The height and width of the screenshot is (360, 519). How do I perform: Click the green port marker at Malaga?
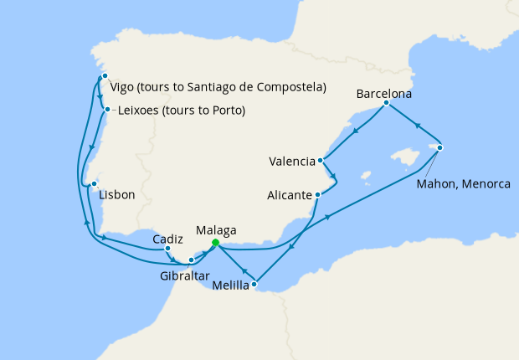click(x=215, y=243)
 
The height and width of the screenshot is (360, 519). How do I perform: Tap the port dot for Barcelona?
click(x=386, y=103)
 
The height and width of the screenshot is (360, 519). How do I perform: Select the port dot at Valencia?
click(x=321, y=160)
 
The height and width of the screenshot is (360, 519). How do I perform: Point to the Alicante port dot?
click(x=317, y=195)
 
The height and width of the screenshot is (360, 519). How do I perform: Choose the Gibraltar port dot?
click(x=191, y=260)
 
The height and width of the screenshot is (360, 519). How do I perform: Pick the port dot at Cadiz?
click(x=168, y=248)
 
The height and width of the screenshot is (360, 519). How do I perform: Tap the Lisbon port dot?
click(x=95, y=184)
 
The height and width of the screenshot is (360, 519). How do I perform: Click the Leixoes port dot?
click(x=105, y=109)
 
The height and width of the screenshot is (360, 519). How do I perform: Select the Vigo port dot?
click(x=105, y=76)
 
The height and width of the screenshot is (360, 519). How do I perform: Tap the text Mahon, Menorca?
click(x=463, y=183)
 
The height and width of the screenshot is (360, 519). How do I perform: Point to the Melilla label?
click(x=231, y=285)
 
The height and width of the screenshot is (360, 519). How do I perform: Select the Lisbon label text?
click(x=116, y=196)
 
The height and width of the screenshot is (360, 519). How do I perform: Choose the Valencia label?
click(x=292, y=161)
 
